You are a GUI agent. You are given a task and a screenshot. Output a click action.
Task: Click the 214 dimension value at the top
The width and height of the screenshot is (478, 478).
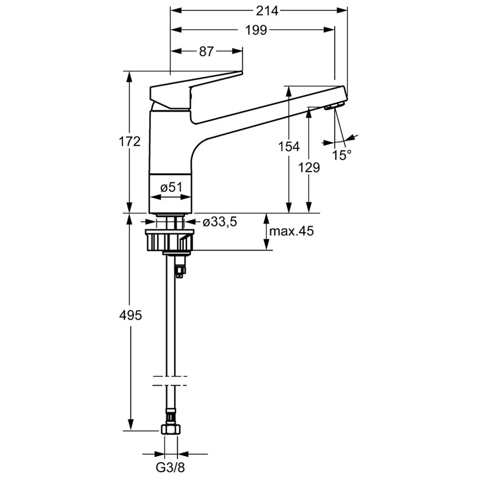[267, 11]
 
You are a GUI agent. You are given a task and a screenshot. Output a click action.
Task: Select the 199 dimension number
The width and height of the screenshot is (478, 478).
[256, 30]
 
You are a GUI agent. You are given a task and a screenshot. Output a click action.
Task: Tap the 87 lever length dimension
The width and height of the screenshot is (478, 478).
[206, 52]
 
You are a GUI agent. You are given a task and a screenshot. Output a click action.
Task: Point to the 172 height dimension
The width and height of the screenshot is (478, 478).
[130, 141]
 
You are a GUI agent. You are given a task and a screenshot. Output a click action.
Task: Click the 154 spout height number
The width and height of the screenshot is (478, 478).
[289, 147]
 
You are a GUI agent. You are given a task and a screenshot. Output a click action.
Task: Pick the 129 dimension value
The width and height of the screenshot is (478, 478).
[309, 167]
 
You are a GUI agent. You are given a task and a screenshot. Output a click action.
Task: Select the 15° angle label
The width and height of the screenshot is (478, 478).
[341, 155]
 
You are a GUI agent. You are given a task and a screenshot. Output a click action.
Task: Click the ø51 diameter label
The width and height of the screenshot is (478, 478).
[171, 187]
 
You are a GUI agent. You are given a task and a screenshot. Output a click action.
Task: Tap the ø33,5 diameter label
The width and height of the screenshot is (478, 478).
[219, 222]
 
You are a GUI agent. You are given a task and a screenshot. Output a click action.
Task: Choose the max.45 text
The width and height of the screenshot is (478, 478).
[291, 231]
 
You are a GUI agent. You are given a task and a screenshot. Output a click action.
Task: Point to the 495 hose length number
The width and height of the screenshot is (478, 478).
[130, 315]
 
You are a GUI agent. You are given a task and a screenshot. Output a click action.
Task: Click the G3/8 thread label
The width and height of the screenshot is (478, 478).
[171, 467]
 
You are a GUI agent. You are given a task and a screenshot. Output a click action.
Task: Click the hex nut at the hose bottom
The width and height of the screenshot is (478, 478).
[171, 430]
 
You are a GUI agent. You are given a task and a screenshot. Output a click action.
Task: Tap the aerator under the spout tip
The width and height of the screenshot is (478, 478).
[334, 106]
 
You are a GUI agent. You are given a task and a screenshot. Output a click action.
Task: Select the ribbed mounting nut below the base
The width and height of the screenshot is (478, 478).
[170, 240]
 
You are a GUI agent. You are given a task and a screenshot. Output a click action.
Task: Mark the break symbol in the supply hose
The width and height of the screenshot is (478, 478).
[170, 381]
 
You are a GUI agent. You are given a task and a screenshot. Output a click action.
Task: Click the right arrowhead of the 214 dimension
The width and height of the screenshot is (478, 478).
[342, 11]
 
